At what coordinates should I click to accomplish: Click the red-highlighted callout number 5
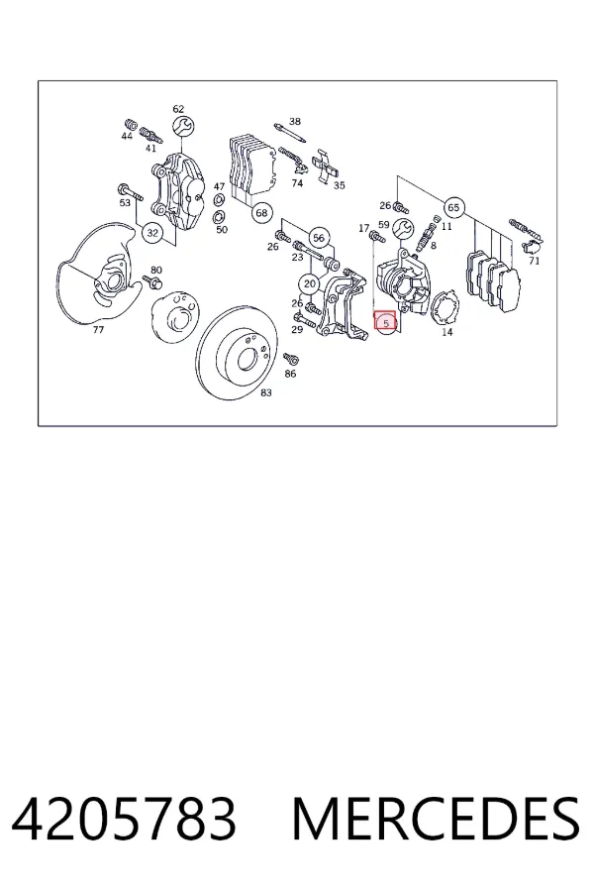coord(385,322)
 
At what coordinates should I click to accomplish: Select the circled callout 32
coord(152,233)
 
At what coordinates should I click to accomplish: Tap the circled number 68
coord(261,213)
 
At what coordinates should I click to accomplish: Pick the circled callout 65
coord(453,208)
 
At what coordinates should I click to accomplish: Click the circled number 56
coord(319,238)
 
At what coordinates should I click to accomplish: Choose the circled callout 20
coord(310,283)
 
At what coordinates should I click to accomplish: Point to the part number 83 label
coord(266,392)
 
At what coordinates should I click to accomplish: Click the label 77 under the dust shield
coord(98,329)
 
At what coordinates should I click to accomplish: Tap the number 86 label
coord(290,374)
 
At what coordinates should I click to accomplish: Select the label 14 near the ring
coord(447,332)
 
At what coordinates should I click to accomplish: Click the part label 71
coord(534,261)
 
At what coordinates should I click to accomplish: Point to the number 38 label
coord(294,121)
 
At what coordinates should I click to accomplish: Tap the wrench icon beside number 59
coord(403,229)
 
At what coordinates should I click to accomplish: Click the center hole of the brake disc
coord(247,358)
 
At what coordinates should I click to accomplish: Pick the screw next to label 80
coord(152,281)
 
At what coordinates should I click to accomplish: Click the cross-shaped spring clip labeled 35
coord(327,167)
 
